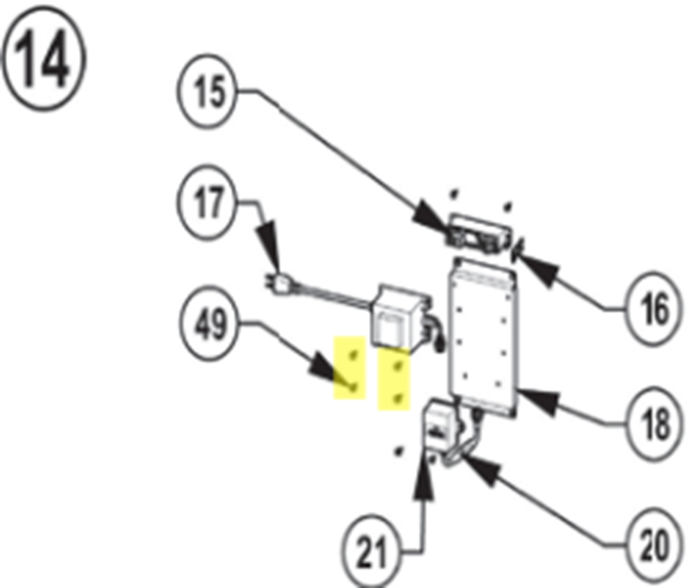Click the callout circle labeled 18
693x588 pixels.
pyautogui.click(x=655, y=424)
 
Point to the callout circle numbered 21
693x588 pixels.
pyautogui.click(x=371, y=553)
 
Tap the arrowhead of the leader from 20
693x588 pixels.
pyautogui.click(x=464, y=461)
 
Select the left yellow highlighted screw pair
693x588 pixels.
pyautogui.click(x=351, y=369)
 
